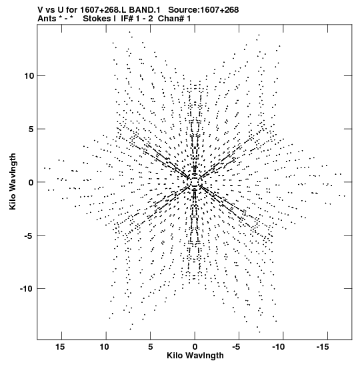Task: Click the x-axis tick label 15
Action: (x=59, y=347)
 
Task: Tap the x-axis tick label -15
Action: (x=323, y=347)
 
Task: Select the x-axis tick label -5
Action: (x=236, y=347)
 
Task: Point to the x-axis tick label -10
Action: (x=279, y=347)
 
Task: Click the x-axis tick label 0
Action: (x=195, y=347)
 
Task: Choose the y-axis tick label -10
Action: (x=26, y=289)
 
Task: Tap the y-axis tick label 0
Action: (x=31, y=183)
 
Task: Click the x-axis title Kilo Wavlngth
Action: (x=195, y=356)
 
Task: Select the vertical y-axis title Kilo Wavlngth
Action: (x=13, y=181)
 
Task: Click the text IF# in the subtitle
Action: (x=127, y=19)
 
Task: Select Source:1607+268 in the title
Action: (x=203, y=10)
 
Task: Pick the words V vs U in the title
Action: (x=50, y=10)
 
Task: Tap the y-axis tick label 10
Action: (x=29, y=76)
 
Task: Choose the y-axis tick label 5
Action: (x=31, y=129)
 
